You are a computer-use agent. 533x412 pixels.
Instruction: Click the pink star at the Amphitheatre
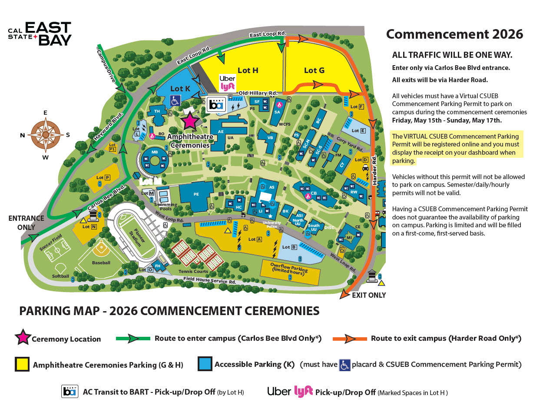click(x=190, y=121)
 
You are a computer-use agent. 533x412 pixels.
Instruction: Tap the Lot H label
click(x=248, y=70)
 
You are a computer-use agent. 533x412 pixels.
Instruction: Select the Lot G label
click(x=314, y=70)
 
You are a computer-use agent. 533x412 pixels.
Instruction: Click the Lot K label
click(x=180, y=88)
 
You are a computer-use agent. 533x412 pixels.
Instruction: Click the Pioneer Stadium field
click(x=137, y=238)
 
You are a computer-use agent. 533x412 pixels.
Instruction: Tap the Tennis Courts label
click(x=196, y=271)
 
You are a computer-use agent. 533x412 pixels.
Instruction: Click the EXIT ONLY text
click(x=368, y=295)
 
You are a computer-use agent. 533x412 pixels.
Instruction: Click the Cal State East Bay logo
click(x=40, y=33)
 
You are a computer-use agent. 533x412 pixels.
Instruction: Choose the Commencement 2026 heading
click(x=454, y=34)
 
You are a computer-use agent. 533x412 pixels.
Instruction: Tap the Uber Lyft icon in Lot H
click(x=227, y=82)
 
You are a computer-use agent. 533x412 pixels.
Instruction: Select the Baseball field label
click(x=101, y=262)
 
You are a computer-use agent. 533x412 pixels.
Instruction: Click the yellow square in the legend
click(x=22, y=364)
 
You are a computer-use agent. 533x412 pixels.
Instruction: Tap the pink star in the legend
click(x=23, y=338)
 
